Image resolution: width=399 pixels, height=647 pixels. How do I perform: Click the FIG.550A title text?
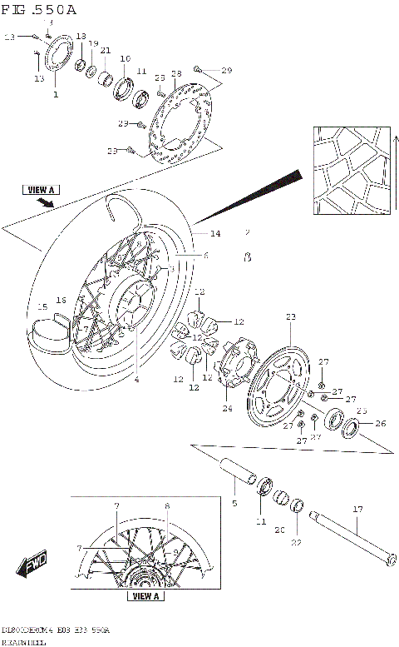coord(39,10)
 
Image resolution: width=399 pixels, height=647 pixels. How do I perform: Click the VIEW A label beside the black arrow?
coord(40,190)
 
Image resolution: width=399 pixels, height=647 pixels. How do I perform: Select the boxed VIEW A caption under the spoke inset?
coord(145,596)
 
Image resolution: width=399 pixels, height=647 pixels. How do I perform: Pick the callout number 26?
coord(381,423)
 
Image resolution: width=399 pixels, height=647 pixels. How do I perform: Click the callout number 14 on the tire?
coord(214,233)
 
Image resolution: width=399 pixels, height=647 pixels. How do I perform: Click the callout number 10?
coord(125,58)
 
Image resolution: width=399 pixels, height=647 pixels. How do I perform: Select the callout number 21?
coord(106,51)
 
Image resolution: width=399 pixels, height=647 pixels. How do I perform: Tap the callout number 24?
coord(226,408)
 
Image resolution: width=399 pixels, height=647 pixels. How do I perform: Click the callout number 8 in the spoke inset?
coord(167,505)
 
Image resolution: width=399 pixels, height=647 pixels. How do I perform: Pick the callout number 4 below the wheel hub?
coord(137,380)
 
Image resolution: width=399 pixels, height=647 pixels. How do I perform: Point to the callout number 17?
coord(358,509)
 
